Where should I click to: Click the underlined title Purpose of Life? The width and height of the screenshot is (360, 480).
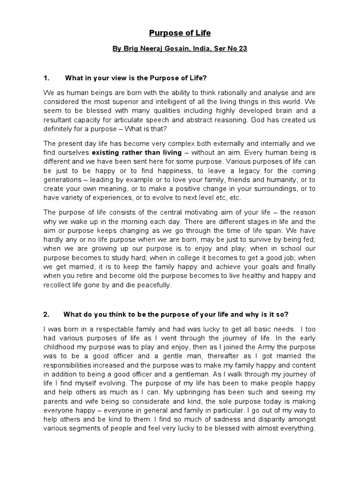(180, 33)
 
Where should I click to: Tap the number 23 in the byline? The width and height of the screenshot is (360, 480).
(242, 49)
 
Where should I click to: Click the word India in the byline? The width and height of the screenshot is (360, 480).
(195, 49)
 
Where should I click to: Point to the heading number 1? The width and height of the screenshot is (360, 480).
(46, 78)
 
